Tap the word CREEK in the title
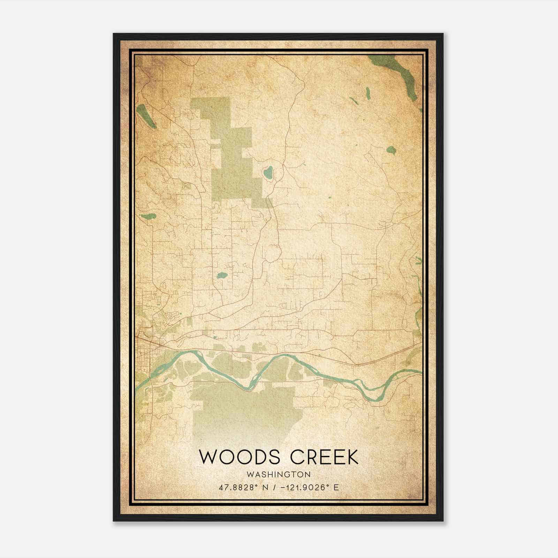point(324,457)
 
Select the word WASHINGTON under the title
point(278,475)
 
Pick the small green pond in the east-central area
point(391,150)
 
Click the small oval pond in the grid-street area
point(222,276)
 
